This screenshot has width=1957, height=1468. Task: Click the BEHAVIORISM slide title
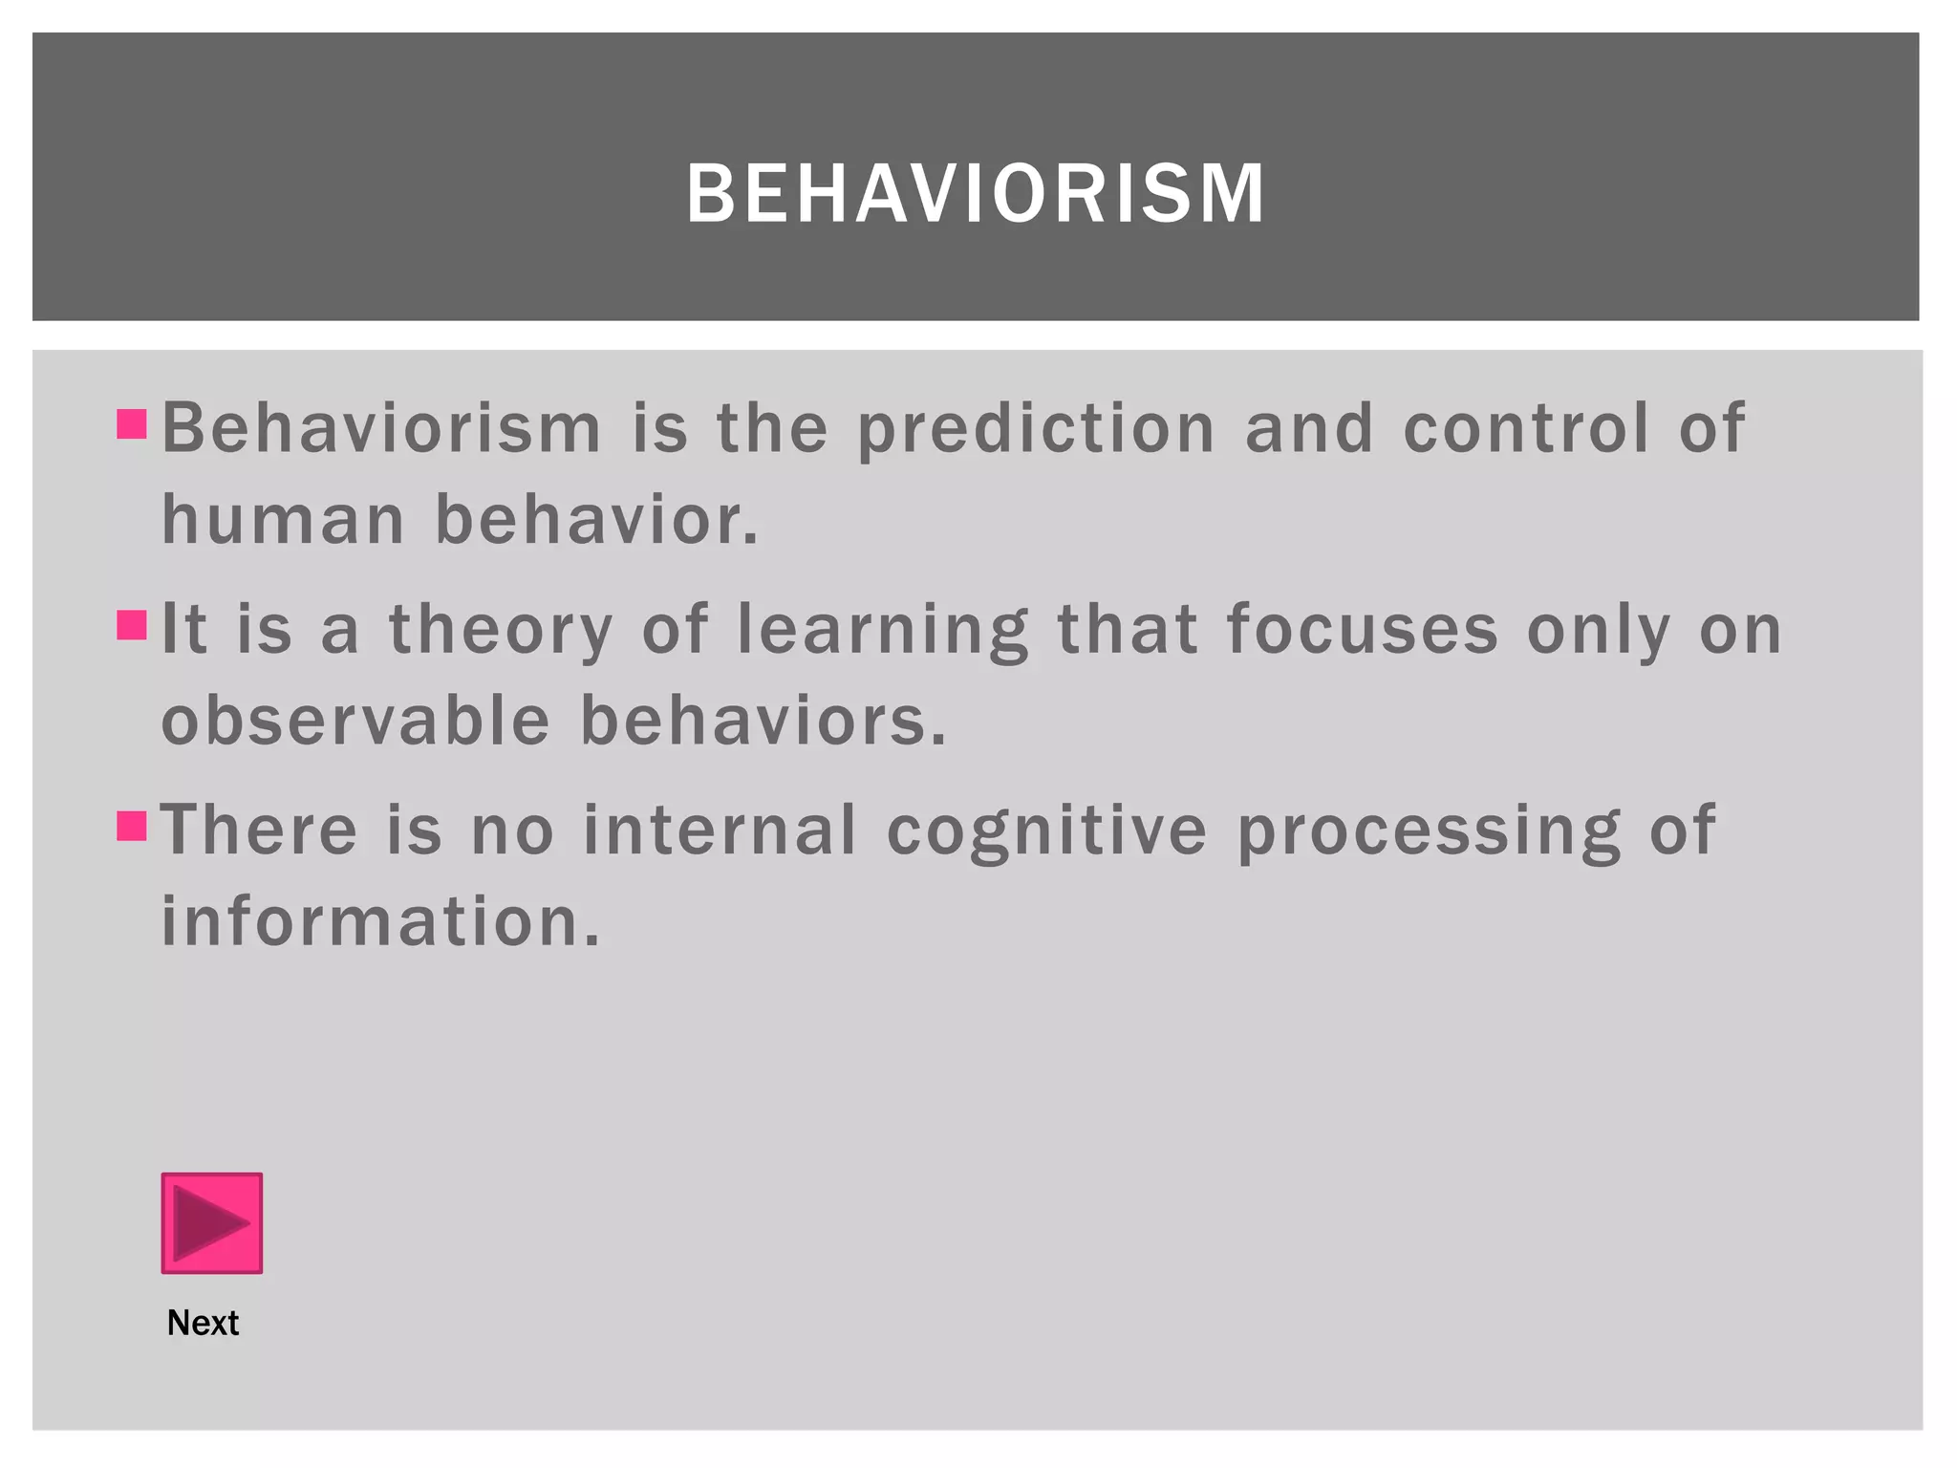tap(976, 194)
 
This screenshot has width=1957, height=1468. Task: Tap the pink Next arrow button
tap(211, 1222)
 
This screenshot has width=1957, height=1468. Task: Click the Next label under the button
tap(203, 1323)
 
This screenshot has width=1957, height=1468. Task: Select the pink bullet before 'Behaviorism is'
tap(132, 423)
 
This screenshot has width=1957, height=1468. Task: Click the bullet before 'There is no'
tap(132, 826)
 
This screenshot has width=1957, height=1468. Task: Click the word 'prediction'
tap(1036, 429)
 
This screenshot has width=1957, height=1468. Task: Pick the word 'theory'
tap(501, 631)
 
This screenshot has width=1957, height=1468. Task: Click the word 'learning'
tap(883, 631)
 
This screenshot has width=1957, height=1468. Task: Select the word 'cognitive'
tap(1047, 831)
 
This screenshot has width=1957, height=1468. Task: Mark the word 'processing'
tap(1430, 831)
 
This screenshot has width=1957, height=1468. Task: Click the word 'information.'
tap(381, 921)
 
